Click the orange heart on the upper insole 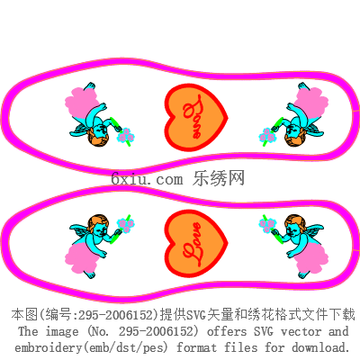coord(196,118)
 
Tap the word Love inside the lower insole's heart coord(193,244)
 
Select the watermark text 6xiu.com coord(147,179)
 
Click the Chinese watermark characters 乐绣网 coord(219,178)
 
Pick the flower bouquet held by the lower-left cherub coord(125,225)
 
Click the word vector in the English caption coord(301,331)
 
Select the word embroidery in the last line coord(49,347)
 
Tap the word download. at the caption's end coord(321,347)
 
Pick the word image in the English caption coord(62,332)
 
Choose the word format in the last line coord(196,347)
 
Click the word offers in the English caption coord(227,331)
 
